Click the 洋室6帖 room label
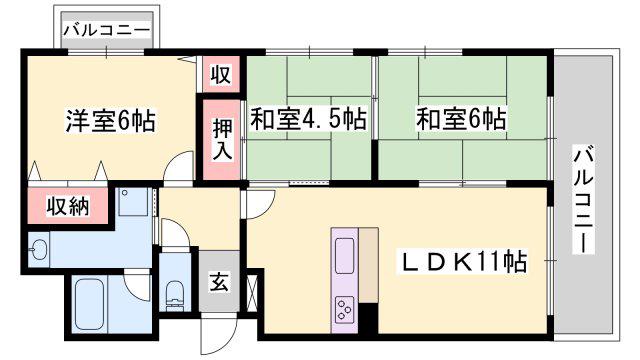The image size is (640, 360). coord(111,121)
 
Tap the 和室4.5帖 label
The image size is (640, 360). coord(309,119)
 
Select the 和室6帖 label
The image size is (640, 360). coord(461,119)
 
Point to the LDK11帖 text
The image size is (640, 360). coord(462,261)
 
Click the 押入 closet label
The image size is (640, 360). coord(222,140)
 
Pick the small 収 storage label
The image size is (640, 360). coord(221,74)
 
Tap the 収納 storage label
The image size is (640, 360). coord(67,207)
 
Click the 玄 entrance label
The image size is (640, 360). coord(220,282)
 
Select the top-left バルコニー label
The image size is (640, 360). coord(107,31)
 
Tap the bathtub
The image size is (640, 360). coord(89,304)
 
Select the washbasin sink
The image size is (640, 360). coord(38,249)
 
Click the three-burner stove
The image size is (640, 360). coord(344,309)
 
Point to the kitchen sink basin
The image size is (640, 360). coord(344,256)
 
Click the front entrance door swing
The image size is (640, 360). coord(220,333)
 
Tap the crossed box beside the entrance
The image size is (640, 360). coord(253,293)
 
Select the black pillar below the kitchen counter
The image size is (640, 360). coord(368,318)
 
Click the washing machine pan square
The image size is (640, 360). coord(134,202)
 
